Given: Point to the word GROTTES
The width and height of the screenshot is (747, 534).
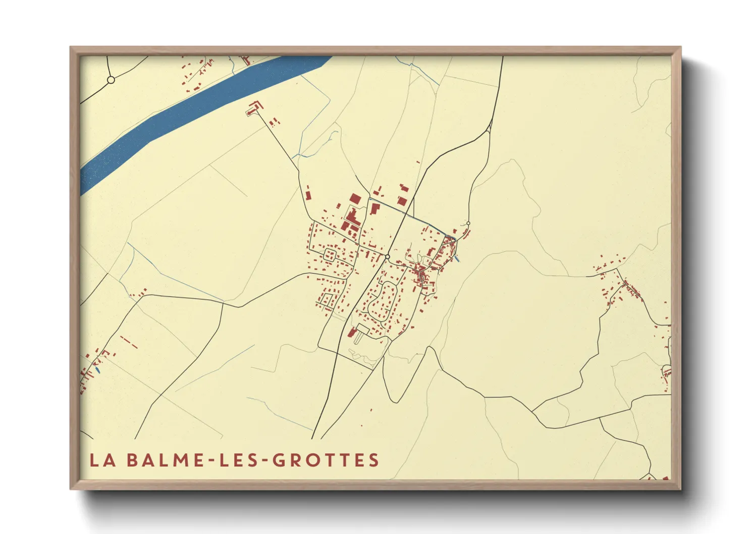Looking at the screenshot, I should coord(326,460).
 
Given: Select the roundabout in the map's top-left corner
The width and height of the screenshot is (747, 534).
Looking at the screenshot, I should coord(111,80).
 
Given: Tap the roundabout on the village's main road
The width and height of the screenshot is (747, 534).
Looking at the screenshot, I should coord(387,257).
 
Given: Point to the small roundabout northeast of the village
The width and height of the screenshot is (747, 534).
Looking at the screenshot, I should coord(468,223).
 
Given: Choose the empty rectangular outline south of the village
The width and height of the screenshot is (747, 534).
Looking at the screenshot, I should coord(363,329).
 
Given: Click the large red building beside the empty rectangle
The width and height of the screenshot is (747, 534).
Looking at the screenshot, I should coord(352,332).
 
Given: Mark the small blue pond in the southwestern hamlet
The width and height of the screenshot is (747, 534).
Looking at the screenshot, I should coord(97,370).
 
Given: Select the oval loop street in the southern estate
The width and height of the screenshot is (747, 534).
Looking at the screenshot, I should coord(383,301).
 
